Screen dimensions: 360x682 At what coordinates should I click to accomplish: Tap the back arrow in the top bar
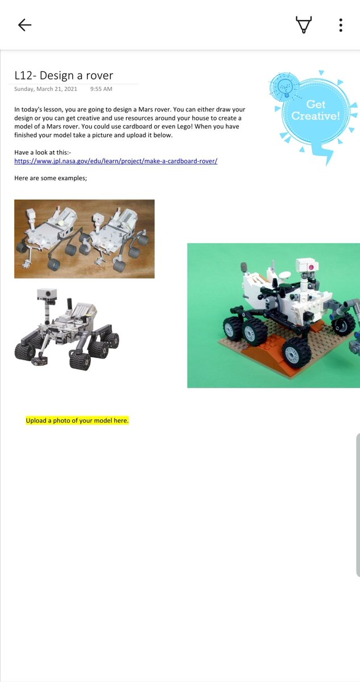pos(24,25)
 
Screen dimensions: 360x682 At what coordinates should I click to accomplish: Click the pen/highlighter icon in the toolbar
pos(304,24)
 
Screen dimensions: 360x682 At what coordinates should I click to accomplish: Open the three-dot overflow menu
pos(341,25)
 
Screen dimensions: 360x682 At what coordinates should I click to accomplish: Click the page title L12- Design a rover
pos(64,75)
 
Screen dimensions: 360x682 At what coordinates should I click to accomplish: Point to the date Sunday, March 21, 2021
pos(45,89)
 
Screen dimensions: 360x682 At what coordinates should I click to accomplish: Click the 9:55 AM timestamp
pos(101,89)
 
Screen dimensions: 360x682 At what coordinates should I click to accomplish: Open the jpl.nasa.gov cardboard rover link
pos(116,161)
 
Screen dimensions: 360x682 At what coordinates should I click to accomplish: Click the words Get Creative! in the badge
pos(316,110)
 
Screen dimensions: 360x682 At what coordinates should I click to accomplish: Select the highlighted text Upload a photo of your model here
pos(77,421)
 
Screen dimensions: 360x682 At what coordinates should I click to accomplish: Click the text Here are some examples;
pos(51,178)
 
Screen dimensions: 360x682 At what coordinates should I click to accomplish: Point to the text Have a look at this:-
pos(43,152)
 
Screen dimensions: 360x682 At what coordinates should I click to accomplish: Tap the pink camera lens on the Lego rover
pos(311,267)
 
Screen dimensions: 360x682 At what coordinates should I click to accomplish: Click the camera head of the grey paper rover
pos(47,294)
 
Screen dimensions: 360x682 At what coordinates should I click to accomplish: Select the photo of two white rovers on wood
pos(84,239)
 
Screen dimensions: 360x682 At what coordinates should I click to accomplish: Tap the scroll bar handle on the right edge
pos(358,505)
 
